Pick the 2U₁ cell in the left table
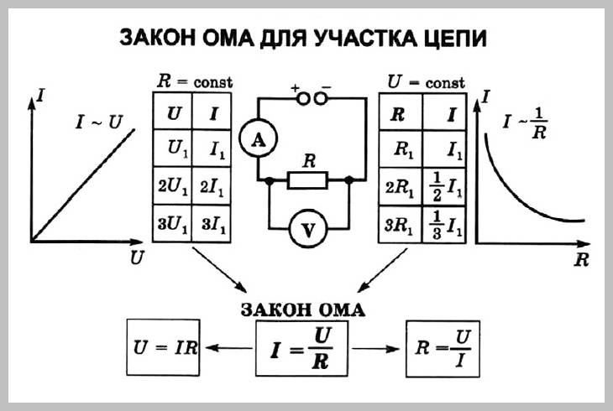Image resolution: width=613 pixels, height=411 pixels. tap(172, 186)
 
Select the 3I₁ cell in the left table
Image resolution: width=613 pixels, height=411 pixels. tap(212, 223)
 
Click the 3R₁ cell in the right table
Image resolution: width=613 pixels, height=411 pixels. tap(401, 225)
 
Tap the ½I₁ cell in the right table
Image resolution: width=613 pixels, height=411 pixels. tap(444, 188)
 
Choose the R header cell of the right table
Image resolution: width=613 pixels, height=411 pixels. tap(401, 112)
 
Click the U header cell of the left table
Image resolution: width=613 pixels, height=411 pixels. tap(173, 111)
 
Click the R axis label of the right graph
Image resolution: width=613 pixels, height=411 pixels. tap(581, 259)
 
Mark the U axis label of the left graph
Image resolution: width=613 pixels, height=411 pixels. tap(137, 258)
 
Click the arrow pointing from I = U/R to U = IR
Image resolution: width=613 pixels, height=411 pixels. tap(228, 348)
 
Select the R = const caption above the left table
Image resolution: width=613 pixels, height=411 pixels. tap(194, 81)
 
